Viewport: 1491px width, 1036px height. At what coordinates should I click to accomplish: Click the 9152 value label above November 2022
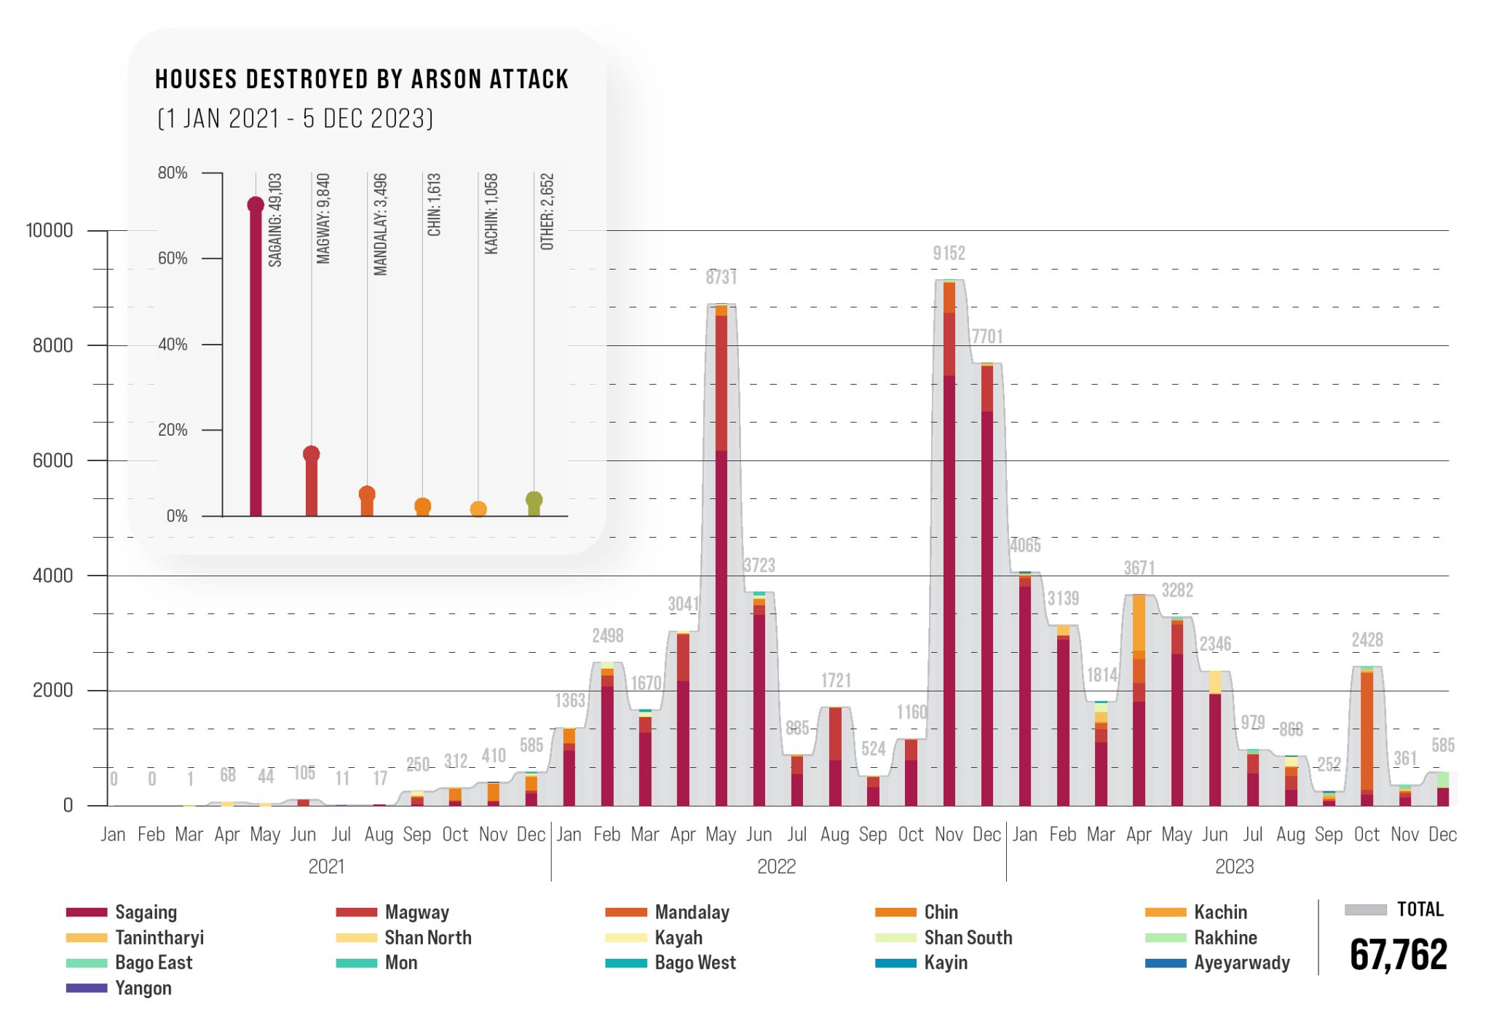click(x=949, y=254)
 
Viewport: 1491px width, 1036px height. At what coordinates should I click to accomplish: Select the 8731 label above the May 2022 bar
click(x=721, y=278)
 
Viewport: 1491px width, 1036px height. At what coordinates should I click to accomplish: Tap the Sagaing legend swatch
click(x=87, y=912)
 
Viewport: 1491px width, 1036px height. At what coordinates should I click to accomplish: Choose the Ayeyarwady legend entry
click(x=1241, y=963)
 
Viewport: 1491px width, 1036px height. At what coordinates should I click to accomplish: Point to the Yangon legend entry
click(x=143, y=989)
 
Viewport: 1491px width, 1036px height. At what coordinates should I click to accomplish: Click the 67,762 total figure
click(x=1398, y=954)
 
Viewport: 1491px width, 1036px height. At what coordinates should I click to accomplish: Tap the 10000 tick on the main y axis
click(x=50, y=231)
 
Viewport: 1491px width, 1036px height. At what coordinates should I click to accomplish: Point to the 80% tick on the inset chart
click(x=173, y=173)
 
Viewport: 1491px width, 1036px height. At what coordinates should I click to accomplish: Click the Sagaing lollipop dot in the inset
click(x=256, y=205)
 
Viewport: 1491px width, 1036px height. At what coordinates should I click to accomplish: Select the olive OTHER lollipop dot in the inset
click(x=534, y=500)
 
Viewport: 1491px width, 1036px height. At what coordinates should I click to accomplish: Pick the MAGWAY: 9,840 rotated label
click(x=323, y=219)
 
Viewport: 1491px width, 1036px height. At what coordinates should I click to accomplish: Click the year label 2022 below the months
click(x=776, y=867)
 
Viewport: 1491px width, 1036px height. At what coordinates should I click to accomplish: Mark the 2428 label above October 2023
click(x=1367, y=640)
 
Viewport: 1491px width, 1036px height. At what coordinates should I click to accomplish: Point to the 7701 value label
click(x=987, y=337)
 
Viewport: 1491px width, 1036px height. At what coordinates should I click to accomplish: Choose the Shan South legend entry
click(x=968, y=938)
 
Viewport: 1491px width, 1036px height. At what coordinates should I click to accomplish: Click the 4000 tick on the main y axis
click(x=52, y=576)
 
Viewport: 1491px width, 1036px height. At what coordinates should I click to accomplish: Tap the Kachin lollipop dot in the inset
click(x=478, y=509)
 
